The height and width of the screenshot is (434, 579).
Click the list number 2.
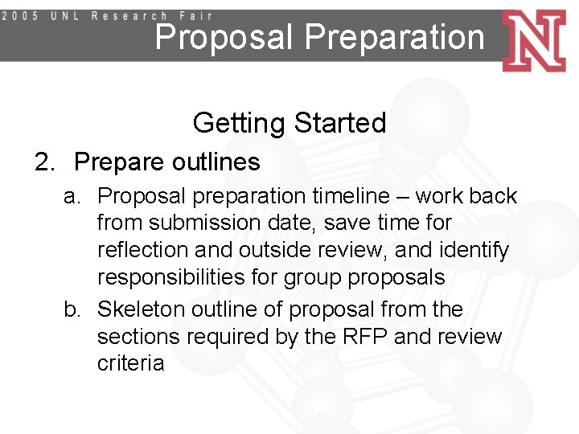43,162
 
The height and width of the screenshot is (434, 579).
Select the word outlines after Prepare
216,162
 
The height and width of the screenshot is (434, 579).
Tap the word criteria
130,363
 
